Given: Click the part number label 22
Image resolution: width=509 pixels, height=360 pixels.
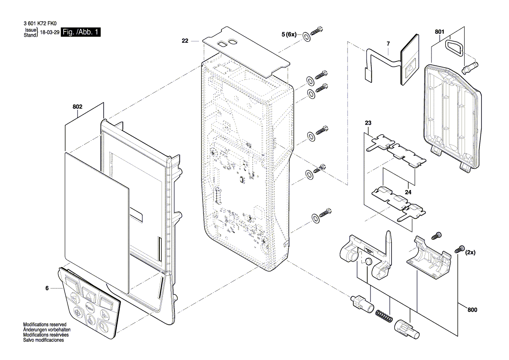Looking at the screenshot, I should [185, 41].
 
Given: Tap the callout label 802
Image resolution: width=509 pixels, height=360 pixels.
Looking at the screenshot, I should [78, 106].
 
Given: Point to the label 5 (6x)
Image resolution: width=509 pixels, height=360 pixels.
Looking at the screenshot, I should [289, 34].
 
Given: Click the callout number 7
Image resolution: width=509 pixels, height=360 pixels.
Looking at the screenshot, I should [388, 44].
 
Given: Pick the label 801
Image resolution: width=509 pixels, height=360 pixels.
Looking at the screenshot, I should [439, 32].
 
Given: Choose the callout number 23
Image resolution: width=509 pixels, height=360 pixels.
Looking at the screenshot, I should [368, 123].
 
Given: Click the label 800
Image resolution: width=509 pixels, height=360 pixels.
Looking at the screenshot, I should [472, 310].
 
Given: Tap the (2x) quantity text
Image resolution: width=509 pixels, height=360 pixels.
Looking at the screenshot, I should [471, 252].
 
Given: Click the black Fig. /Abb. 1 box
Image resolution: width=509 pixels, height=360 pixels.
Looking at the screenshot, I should [81, 32].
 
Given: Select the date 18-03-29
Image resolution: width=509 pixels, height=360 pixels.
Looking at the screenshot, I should [50, 33].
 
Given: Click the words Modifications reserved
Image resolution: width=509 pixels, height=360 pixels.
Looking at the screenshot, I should [44, 325].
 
